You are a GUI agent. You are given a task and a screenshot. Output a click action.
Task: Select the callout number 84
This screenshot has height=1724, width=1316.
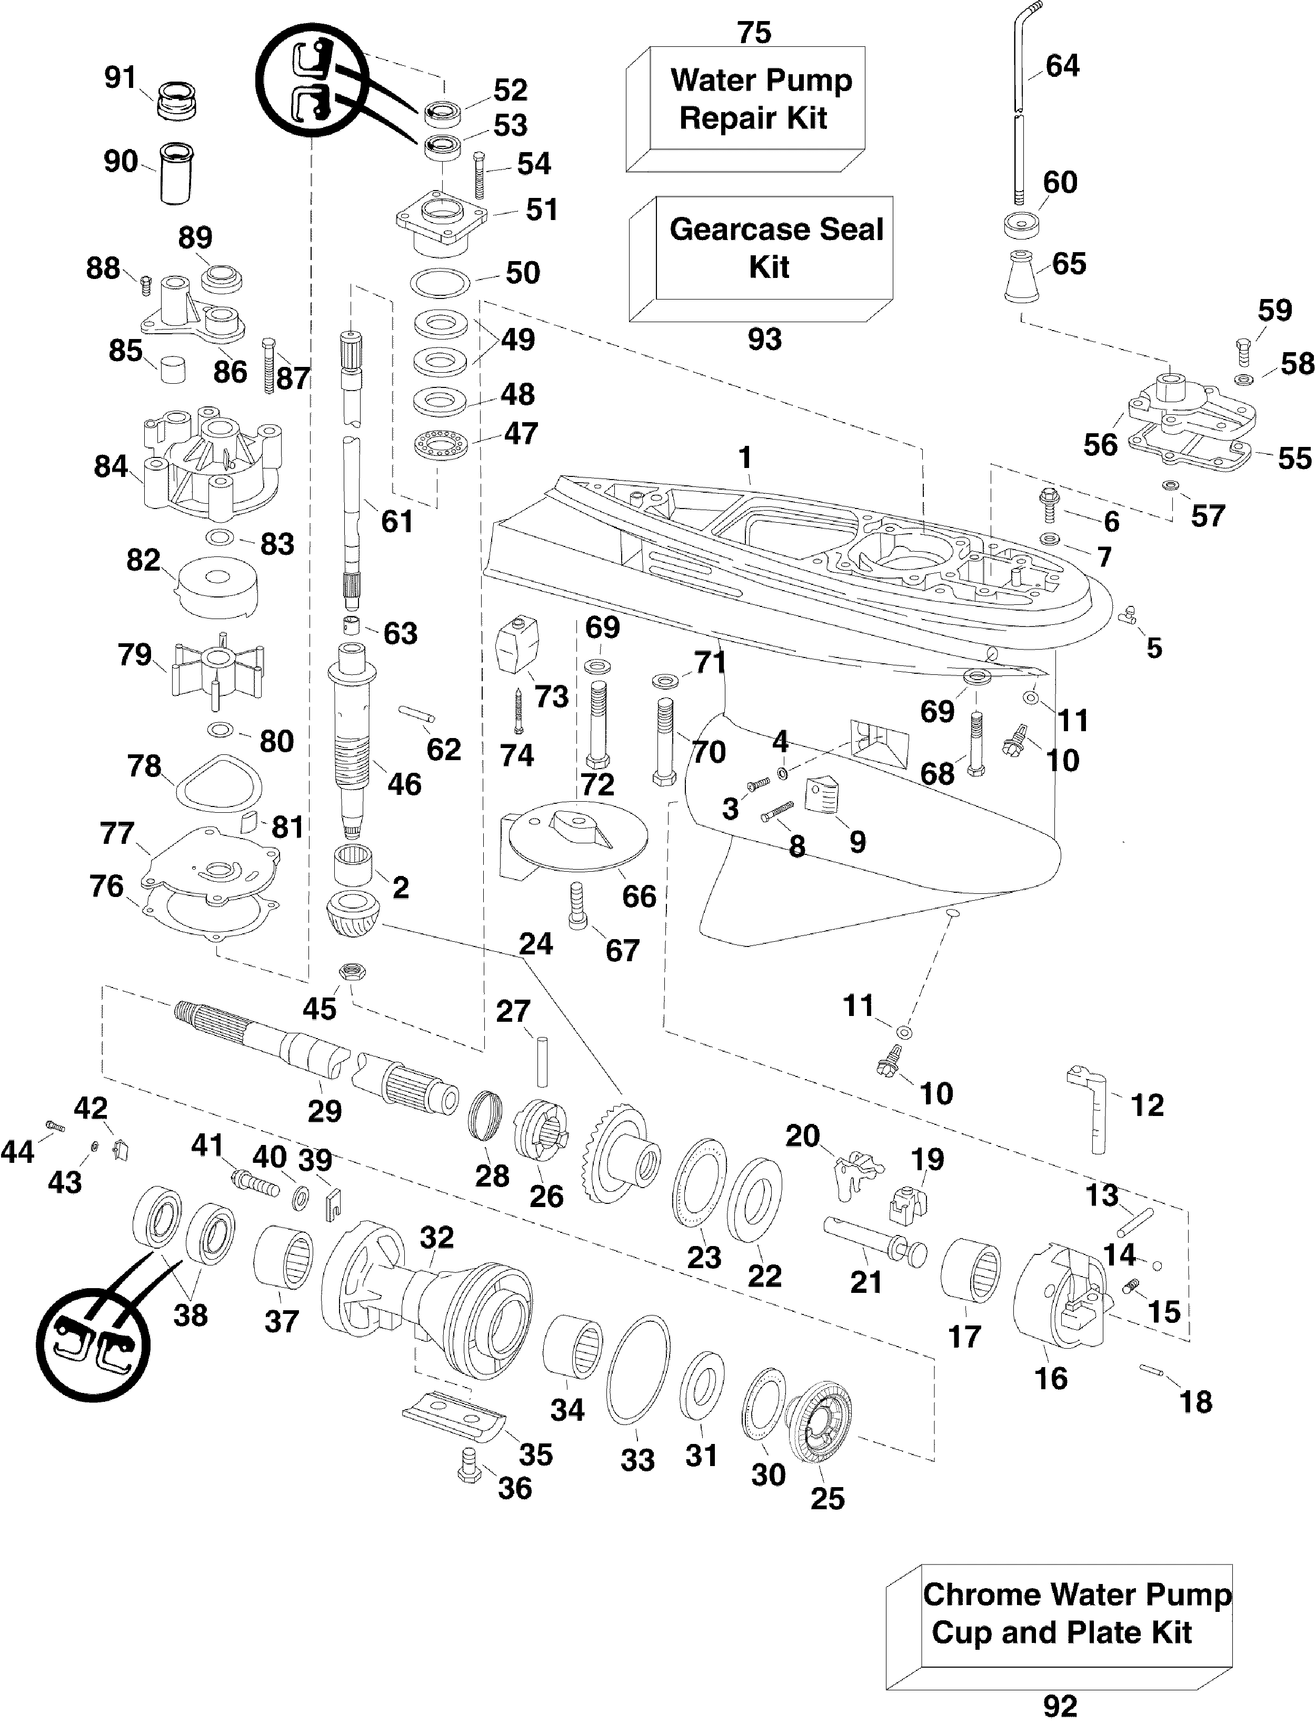(111, 467)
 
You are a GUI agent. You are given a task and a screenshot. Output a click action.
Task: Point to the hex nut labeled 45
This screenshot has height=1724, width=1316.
(352, 973)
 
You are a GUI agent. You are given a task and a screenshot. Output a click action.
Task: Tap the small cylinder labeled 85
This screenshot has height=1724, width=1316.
(172, 369)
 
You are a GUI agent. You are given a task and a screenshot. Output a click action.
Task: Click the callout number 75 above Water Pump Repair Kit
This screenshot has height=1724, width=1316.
(754, 32)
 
